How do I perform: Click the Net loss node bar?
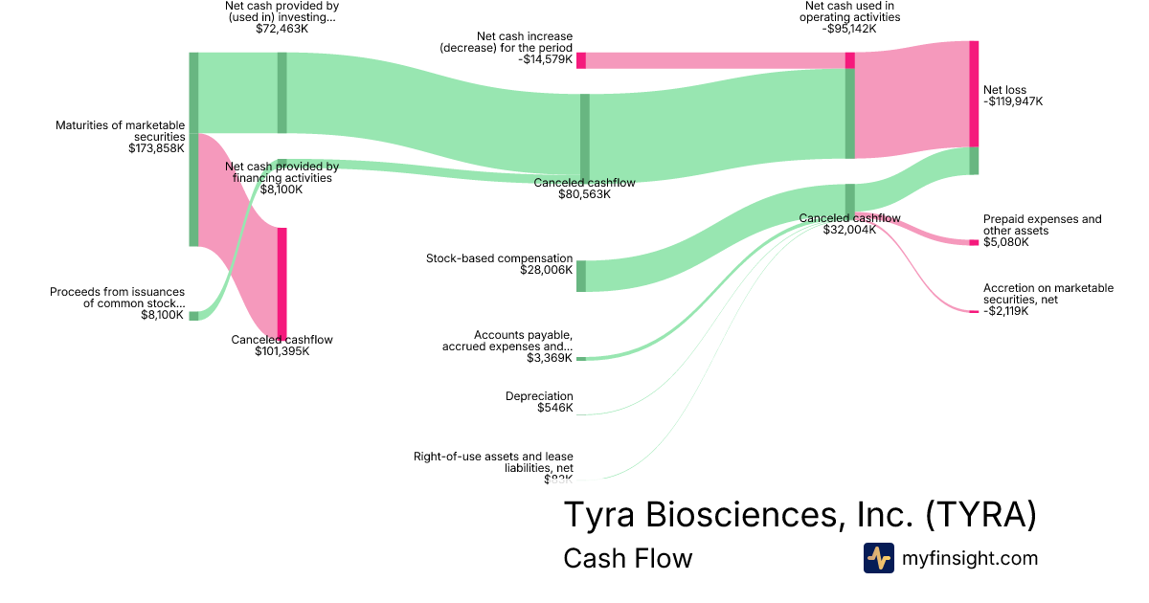coord(974,107)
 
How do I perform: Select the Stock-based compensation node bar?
coord(580,276)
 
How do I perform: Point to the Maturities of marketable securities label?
coord(121,131)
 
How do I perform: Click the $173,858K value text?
coord(156,148)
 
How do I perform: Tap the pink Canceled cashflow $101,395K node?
coord(282,282)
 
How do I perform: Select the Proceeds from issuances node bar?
coord(193,315)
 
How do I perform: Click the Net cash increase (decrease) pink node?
coord(580,60)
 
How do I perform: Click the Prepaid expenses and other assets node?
coord(974,242)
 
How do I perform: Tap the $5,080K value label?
coord(1006,242)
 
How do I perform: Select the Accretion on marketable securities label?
coord(1048,294)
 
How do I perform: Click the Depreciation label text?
coord(539,395)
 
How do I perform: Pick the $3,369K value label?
coord(550,358)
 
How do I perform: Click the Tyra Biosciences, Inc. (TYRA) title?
coord(800,515)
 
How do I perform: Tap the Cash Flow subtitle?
coord(627,558)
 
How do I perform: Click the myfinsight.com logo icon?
coord(878,558)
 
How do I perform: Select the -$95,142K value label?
coord(849,29)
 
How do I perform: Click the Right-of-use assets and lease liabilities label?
coord(493,462)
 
